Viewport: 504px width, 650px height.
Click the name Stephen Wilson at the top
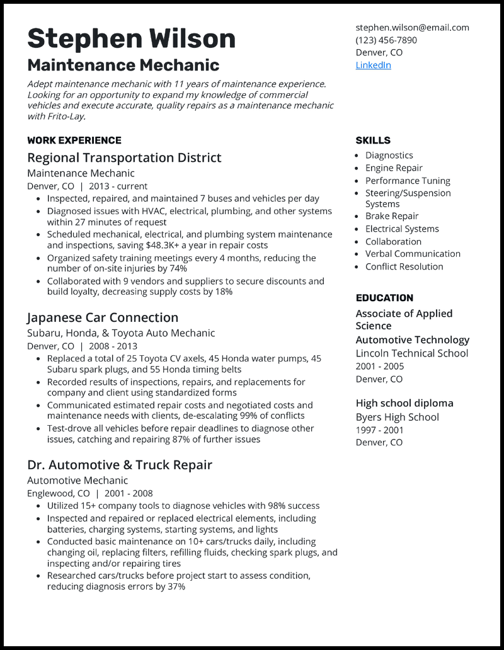tap(131, 38)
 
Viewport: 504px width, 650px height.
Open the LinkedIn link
tap(373, 65)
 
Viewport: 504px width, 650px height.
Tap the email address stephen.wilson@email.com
tap(412, 28)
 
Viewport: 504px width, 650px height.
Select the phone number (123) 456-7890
tap(386, 40)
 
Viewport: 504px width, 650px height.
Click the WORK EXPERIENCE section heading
tap(74, 140)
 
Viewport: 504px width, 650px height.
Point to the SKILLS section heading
tap(373, 140)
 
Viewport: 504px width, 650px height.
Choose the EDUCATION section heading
tap(384, 298)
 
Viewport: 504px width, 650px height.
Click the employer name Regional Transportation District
tap(124, 157)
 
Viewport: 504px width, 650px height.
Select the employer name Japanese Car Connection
tap(103, 317)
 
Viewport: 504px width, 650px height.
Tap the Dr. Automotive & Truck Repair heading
tap(120, 465)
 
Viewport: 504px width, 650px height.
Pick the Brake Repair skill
tap(392, 216)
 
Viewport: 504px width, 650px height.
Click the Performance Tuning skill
tap(408, 181)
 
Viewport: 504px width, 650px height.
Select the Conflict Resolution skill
tap(404, 266)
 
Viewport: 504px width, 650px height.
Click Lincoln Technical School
tap(411, 353)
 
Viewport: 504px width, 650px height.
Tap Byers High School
tap(397, 417)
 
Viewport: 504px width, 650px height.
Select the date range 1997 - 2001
tap(380, 430)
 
